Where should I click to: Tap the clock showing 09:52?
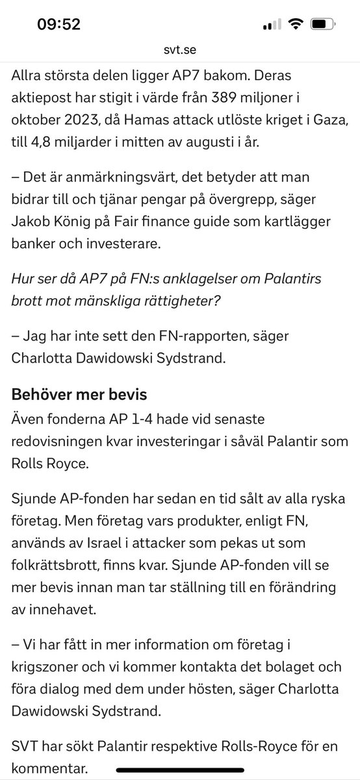(58, 25)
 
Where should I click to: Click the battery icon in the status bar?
(321, 25)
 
